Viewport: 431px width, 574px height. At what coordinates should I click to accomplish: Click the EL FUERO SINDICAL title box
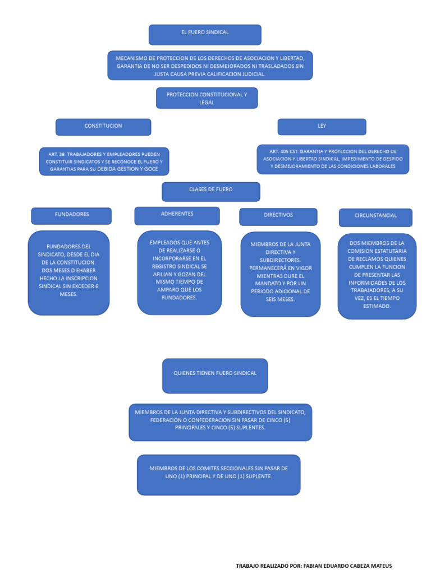pyautogui.click(x=205, y=34)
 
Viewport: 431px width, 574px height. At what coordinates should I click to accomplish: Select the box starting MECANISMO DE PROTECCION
pyautogui.click(x=210, y=66)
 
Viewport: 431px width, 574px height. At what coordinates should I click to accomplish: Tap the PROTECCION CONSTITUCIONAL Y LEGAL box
pyautogui.click(x=207, y=98)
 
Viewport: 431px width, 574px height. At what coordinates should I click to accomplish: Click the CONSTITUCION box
pyautogui.click(x=103, y=127)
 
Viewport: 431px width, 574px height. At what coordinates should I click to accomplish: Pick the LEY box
pyautogui.click(x=322, y=127)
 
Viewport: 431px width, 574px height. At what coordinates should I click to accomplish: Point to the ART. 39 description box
pyautogui.click(x=104, y=161)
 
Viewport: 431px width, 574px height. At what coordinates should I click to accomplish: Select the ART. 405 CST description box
pyautogui.click(x=333, y=159)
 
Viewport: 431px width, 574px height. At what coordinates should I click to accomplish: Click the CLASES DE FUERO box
pyautogui.click(x=211, y=191)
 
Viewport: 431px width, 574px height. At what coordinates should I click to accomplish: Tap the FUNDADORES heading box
pyautogui.click(x=71, y=216)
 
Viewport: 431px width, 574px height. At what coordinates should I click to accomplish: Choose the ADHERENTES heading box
pyautogui.click(x=177, y=215)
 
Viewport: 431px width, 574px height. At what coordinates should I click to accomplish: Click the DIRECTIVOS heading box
pyautogui.click(x=278, y=216)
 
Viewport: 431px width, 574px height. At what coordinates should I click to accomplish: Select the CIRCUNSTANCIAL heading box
pyautogui.click(x=375, y=217)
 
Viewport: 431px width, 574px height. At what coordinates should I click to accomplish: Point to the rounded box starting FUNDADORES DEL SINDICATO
pyautogui.click(x=68, y=272)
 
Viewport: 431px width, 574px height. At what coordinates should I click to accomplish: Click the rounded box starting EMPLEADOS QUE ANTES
pyautogui.click(x=179, y=272)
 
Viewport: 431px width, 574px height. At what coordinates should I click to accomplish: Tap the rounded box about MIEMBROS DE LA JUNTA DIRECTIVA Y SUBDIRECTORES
pyautogui.click(x=280, y=274)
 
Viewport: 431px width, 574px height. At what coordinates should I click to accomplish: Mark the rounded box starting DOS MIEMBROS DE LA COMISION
pyautogui.click(x=377, y=276)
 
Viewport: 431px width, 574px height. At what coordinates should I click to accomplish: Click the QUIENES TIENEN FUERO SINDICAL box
pyautogui.click(x=215, y=376)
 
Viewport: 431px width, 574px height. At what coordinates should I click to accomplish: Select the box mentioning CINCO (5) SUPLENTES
pyautogui.click(x=220, y=422)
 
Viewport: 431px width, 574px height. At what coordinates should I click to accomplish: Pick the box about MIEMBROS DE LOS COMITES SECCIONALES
pyautogui.click(x=218, y=474)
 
